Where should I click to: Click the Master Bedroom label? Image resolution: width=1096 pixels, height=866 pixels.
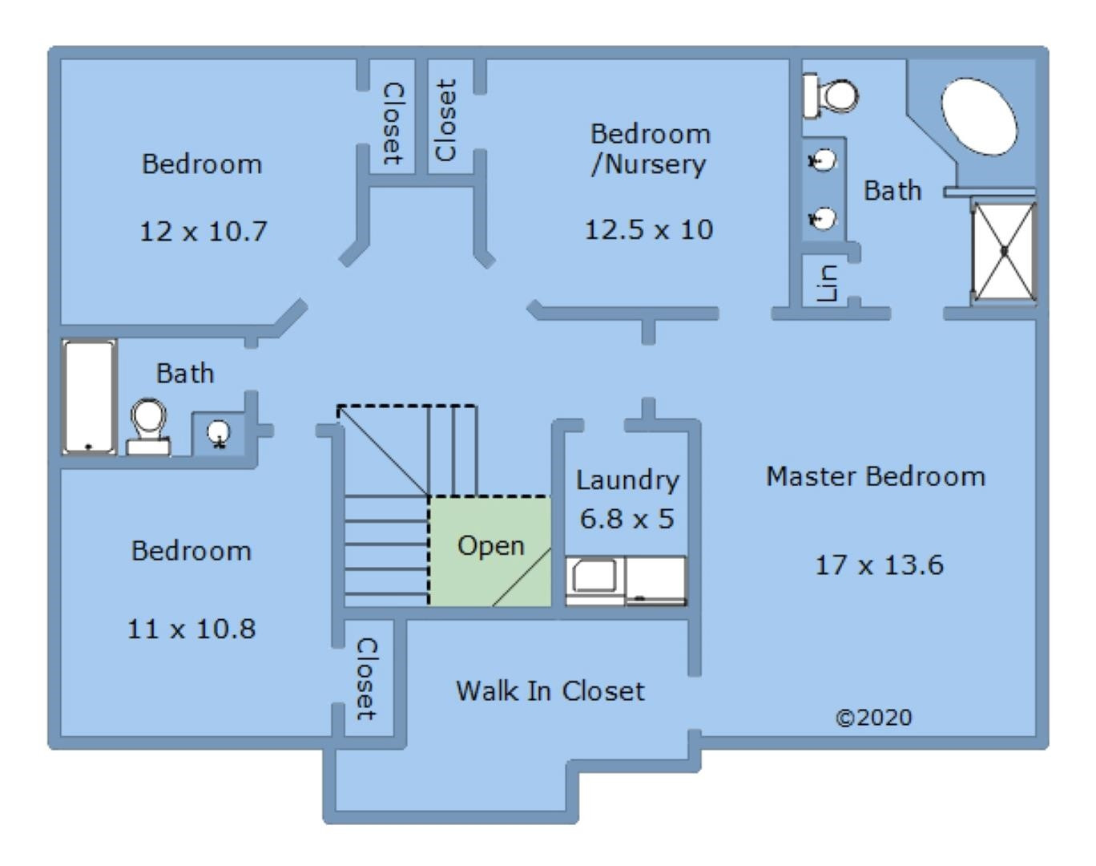point(875,476)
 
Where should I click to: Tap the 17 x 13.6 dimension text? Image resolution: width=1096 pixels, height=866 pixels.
point(879,565)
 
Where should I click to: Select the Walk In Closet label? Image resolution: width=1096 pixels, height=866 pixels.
point(550,691)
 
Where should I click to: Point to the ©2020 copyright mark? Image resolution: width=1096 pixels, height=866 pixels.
point(873,717)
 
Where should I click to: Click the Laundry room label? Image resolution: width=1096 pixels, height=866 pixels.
point(627,480)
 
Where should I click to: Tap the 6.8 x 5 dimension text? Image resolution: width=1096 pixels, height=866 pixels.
point(627,519)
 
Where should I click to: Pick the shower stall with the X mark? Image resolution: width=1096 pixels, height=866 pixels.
point(1004,251)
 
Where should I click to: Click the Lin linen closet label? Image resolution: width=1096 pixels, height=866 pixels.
point(827,283)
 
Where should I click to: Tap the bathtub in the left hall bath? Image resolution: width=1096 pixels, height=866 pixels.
point(89,396)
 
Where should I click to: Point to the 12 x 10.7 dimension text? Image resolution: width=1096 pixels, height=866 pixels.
point(203,232)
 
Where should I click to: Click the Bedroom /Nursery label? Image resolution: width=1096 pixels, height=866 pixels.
point(650,148)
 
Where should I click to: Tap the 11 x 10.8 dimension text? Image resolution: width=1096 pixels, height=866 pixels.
point(191,629)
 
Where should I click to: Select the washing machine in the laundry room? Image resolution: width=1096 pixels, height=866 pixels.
point(594,579)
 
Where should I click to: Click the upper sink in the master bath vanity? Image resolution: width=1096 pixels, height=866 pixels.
point(822,161)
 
